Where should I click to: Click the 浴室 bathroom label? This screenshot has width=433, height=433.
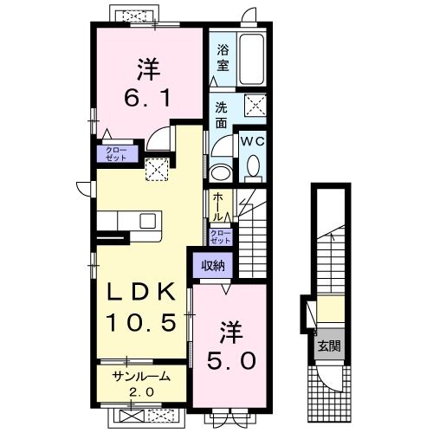tap(223, 58)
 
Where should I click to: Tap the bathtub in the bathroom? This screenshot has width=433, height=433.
tap(252, 59)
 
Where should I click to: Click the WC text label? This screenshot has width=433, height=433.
tap(253, 141)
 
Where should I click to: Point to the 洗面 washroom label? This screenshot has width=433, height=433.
tap(221, 115)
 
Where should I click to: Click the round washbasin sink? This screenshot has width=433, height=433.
tap(222, 173)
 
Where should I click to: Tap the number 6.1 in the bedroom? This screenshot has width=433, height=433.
tap(146, 98)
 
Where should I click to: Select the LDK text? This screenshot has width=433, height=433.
tap(141, 292)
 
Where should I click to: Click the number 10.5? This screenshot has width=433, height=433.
tap(141, 322)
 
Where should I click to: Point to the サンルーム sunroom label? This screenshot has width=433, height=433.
tap(141, 377)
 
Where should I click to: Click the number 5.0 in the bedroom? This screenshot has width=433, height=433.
tap(231, 361)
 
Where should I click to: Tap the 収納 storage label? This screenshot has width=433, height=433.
tap(213, 265)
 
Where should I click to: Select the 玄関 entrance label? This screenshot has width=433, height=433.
tap(329, 346)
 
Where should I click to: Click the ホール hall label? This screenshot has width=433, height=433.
tap(219, 207)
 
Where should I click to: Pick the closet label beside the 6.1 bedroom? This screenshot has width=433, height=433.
tap(117, 154)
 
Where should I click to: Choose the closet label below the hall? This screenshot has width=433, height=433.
tap(221, 236)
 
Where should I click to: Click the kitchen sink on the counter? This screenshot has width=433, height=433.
tap(148, 221)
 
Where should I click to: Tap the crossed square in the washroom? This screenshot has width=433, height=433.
tap(255, 105)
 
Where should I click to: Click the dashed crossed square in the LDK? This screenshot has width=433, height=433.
tap(157, 170)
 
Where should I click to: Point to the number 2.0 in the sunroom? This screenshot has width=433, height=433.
tap(141, 392)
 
